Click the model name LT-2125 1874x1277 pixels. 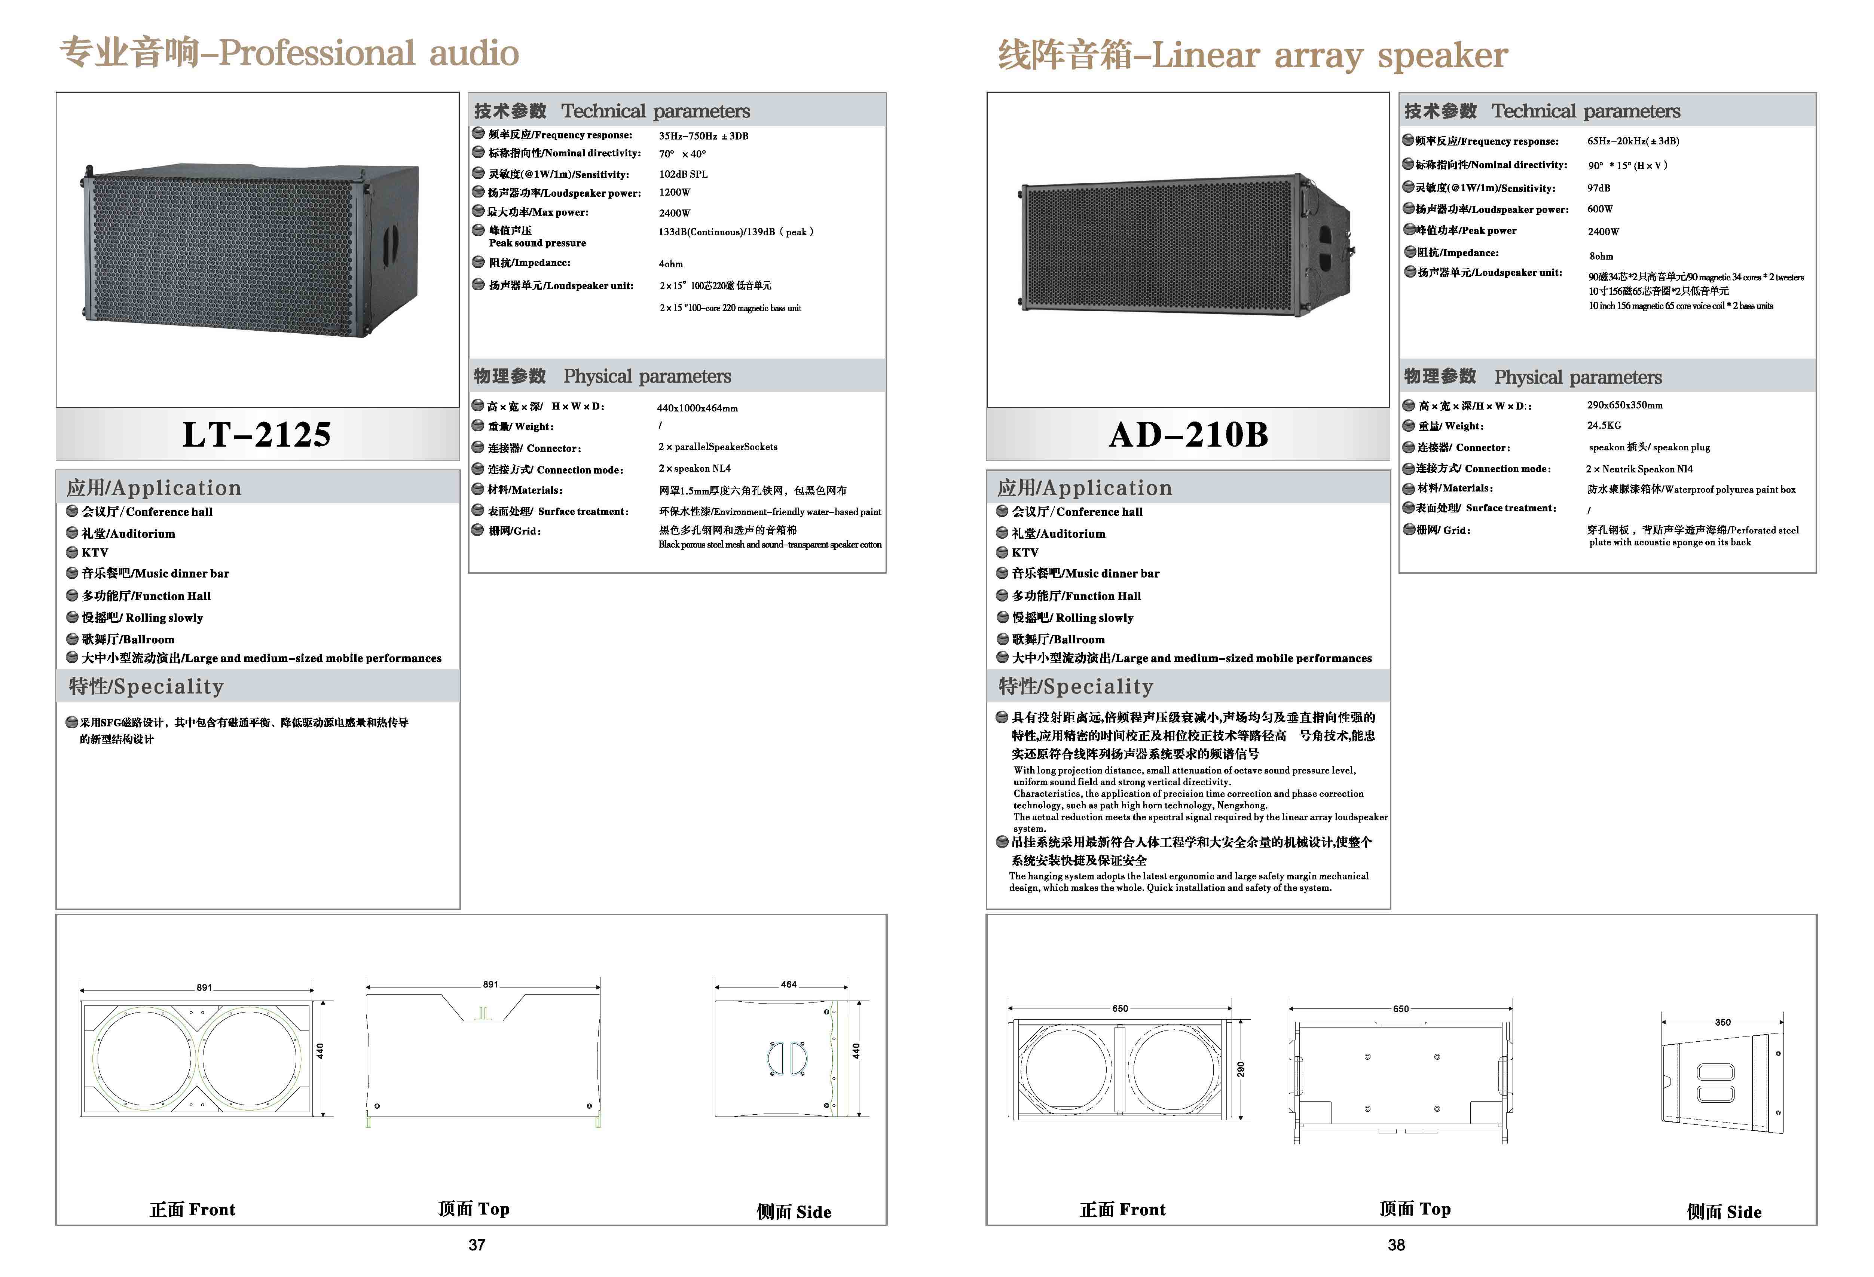256,435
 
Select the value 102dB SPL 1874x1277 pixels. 683,174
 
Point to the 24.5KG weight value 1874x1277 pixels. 1604,425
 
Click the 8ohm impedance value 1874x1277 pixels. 1601,256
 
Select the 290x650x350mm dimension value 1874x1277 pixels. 1625,405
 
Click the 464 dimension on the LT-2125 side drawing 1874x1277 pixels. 789,984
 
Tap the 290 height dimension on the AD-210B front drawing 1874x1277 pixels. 1241,1069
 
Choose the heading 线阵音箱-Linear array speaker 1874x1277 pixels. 1252,55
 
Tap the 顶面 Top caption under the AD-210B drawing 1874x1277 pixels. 1414,1209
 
